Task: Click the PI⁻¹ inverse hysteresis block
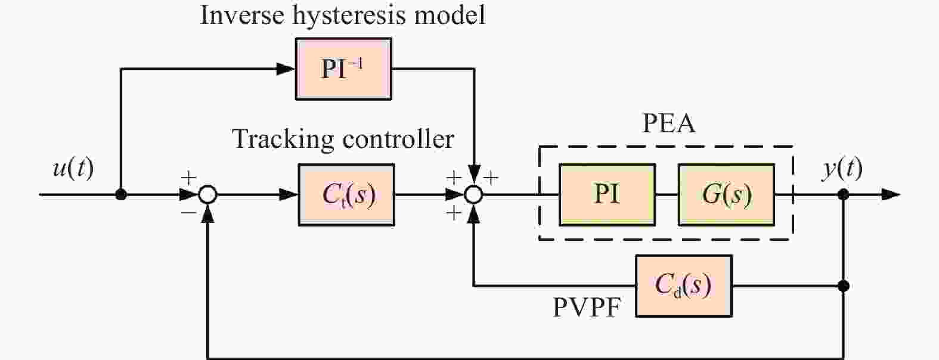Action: click(343, 69)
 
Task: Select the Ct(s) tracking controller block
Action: click(346, 194)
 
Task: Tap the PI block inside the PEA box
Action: click(607, 194)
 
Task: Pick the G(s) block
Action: click(726, 194)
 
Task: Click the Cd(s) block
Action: click(683, 285)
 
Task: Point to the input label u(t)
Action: click(73, 169)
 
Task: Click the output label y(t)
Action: click(842, 169)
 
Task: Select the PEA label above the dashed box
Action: click(668, 123)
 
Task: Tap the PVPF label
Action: click(587, 307)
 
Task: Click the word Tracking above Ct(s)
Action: click(283, 139)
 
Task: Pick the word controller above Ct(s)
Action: click(398, 139)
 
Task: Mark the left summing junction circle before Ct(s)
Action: click(207, 194)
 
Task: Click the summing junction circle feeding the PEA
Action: click(473, 194)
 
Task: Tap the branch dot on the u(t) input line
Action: click(121, 194)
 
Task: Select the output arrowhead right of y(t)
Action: click(891, 194)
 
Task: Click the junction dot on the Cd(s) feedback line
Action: click(843, 286)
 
